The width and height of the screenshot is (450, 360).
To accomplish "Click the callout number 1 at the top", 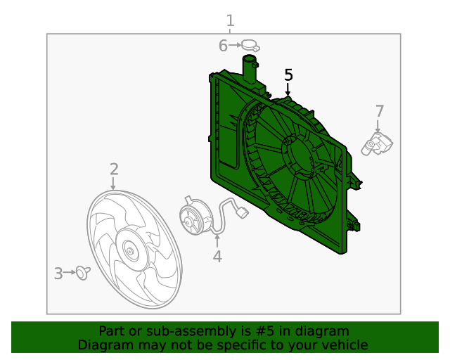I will [230, 20].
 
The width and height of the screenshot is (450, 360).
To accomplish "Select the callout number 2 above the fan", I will [114, 169].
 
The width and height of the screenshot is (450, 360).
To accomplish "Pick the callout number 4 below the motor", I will [217, 257].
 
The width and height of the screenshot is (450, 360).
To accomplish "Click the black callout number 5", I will [288, 75].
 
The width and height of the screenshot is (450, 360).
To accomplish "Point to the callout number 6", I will [223, 46].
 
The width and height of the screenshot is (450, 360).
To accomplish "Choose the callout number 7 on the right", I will [380, 110].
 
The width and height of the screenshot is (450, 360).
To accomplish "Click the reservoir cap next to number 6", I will [250, 46].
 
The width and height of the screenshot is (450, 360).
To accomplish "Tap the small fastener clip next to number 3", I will [83, 272].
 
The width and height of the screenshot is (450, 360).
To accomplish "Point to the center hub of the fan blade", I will [129, 250].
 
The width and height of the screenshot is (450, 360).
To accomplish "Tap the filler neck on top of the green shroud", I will [250, 68].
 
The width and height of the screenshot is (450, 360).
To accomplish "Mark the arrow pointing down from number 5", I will [288, 89].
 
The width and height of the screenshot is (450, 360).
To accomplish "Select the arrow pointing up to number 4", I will [217, 241].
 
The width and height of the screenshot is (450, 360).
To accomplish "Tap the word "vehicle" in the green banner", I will [345, 345].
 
